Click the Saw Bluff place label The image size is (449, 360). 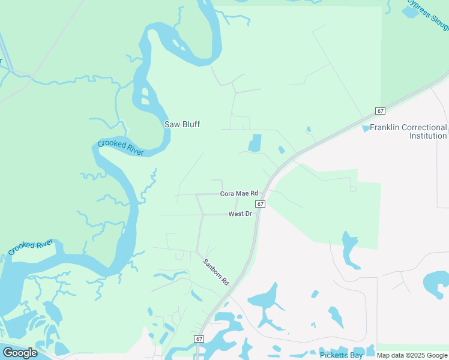click(x=182, y=124)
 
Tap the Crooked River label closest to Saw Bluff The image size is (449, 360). click(x=121, y=148)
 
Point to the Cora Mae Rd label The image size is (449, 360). click(x=239, y=193)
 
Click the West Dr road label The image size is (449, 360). click(x=240, y=214)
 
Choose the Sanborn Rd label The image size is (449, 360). click(x=217, y=271)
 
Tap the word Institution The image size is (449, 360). click(x=428, y=136)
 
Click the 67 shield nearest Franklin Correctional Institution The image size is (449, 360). click(x=380, y=111)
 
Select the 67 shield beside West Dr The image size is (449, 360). click(x=260, y=204)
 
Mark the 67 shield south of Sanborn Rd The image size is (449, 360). click(x=199, y=339)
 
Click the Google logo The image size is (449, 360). click(x=20, y=353)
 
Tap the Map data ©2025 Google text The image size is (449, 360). click(x=412, y=356)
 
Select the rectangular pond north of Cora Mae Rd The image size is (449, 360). click(x=255, y=143)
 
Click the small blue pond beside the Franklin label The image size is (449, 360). click(x=366, y=128)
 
